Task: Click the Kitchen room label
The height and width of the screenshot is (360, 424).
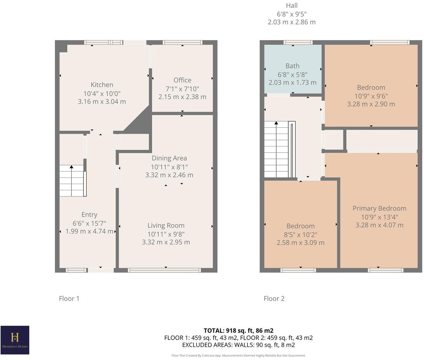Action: tap(102, 85)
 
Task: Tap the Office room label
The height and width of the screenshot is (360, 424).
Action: tap(182, 80)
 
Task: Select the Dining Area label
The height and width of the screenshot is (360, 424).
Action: tap(169, 158)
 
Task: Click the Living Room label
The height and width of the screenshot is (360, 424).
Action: tap(166, 225)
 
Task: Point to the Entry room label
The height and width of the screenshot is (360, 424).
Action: tap(89, 215)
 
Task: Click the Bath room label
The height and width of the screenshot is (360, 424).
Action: tap(292, 66)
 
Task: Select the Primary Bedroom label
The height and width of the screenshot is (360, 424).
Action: tap(379, 208)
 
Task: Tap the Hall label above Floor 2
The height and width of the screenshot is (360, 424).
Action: tap(291, 6)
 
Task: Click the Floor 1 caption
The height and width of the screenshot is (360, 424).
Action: tap(69, 298)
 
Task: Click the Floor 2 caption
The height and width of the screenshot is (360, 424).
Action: tap(274, 298)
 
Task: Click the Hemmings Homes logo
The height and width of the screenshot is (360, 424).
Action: tap(15, 340)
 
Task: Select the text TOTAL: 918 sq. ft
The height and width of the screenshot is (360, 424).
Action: tap(238, 331)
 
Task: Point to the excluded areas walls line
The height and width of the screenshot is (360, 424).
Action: tap(238, 345)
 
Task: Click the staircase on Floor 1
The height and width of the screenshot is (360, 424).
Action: tap(72, 181)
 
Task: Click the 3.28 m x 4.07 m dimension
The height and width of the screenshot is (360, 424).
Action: tap(379, 225)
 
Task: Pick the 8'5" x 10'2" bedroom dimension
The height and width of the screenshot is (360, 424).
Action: tap(300, 234)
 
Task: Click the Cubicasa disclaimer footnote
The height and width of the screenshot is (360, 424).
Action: tap(238, 355)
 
